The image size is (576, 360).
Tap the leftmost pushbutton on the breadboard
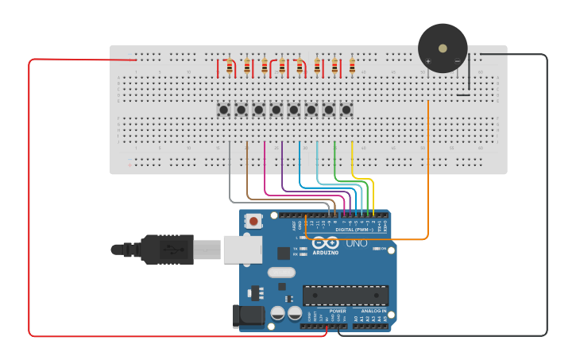[x=224, y=110]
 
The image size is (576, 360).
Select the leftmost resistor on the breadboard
[x=230, y=68]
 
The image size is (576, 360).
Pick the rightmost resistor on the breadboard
[x=352, y=68]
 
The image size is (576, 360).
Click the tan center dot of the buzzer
[x=443, y=48]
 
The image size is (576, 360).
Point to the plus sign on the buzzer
[x=428, y=61]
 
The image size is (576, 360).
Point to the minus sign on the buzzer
[x=457, y=61]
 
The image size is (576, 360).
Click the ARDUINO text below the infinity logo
[x=326, y=253]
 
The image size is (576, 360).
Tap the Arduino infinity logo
[x=325, y=242]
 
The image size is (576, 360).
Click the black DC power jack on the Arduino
[x=247, y=316]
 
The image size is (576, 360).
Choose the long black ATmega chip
[x=346, y=296]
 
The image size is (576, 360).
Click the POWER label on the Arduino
[x=326, y=311]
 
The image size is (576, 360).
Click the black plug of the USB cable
[x=167, y=250]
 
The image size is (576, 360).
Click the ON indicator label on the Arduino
[x=383, y=249]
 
